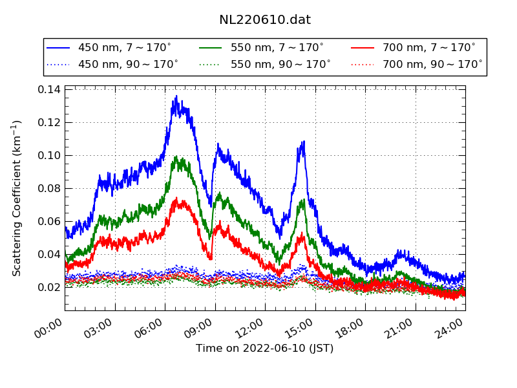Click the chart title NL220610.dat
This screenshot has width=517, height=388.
point(265,20)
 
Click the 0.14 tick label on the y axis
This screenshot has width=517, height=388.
point(49,89)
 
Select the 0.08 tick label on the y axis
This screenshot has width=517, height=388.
point(49,188)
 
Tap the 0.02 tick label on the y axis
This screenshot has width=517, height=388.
point(49,287)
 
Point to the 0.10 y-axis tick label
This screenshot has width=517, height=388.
point(49,155)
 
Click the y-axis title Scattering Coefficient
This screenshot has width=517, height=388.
point(17,198)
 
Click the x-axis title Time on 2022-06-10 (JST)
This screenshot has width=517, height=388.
point(265,349)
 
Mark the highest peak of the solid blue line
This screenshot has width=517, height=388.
point(176,96)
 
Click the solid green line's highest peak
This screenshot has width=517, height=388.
point(176,156)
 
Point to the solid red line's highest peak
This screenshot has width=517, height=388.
point(176,199)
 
